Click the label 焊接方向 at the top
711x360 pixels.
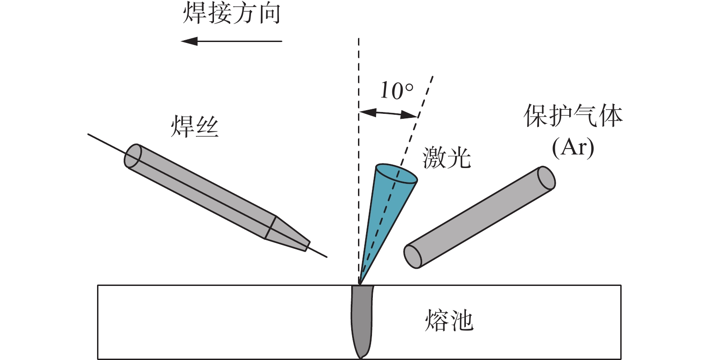pos(232,14)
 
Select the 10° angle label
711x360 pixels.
pos(396,91)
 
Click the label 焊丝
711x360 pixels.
pos(195,126)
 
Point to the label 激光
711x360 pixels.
pos(446,158)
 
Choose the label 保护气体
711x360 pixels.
pos(573,116)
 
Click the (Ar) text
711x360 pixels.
pos(573,147)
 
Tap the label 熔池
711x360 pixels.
pos(449,321)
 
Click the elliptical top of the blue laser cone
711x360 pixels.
pos(396,174)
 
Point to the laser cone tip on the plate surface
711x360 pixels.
pos(360,283)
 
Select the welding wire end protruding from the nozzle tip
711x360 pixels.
pos(318,252)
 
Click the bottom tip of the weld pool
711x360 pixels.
pos(361,356)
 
